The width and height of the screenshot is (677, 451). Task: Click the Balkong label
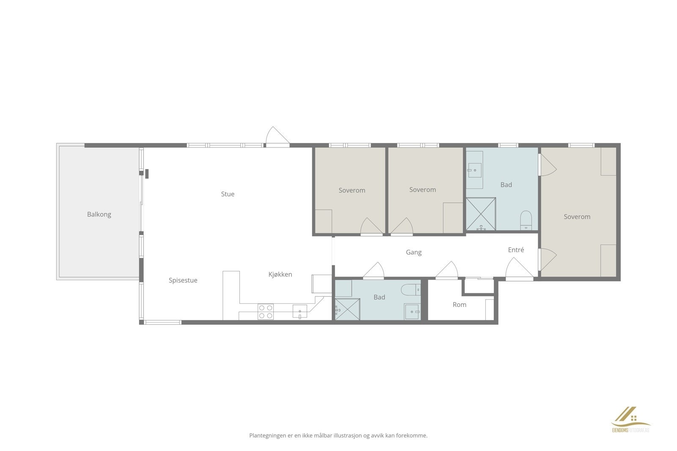coord(99,214)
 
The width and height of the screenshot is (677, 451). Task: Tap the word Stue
coord(228,194)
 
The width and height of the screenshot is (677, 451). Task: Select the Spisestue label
coord(183,280)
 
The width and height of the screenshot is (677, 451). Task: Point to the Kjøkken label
coord(280,274)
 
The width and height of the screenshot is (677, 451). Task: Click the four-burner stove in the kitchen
coord(266,312)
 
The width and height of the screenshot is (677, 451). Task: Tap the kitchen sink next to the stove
coord(300,312)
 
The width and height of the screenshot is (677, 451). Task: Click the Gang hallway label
coord(413,252)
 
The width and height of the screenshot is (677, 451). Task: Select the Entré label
coord(516,250)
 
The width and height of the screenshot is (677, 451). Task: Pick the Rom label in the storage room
coord(459,304)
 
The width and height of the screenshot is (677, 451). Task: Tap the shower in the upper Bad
coord(481,214)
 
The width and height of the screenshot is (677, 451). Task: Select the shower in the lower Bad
coord(347,309)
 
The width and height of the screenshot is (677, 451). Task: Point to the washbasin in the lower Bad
coord(412,312)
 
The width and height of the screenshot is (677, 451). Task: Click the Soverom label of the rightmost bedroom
coord(577,217)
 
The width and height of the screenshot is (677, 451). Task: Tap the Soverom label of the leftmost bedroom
coord(352,190)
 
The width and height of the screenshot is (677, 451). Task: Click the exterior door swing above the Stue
coord(277,136)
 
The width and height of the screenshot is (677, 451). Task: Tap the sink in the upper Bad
coord(474,170)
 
